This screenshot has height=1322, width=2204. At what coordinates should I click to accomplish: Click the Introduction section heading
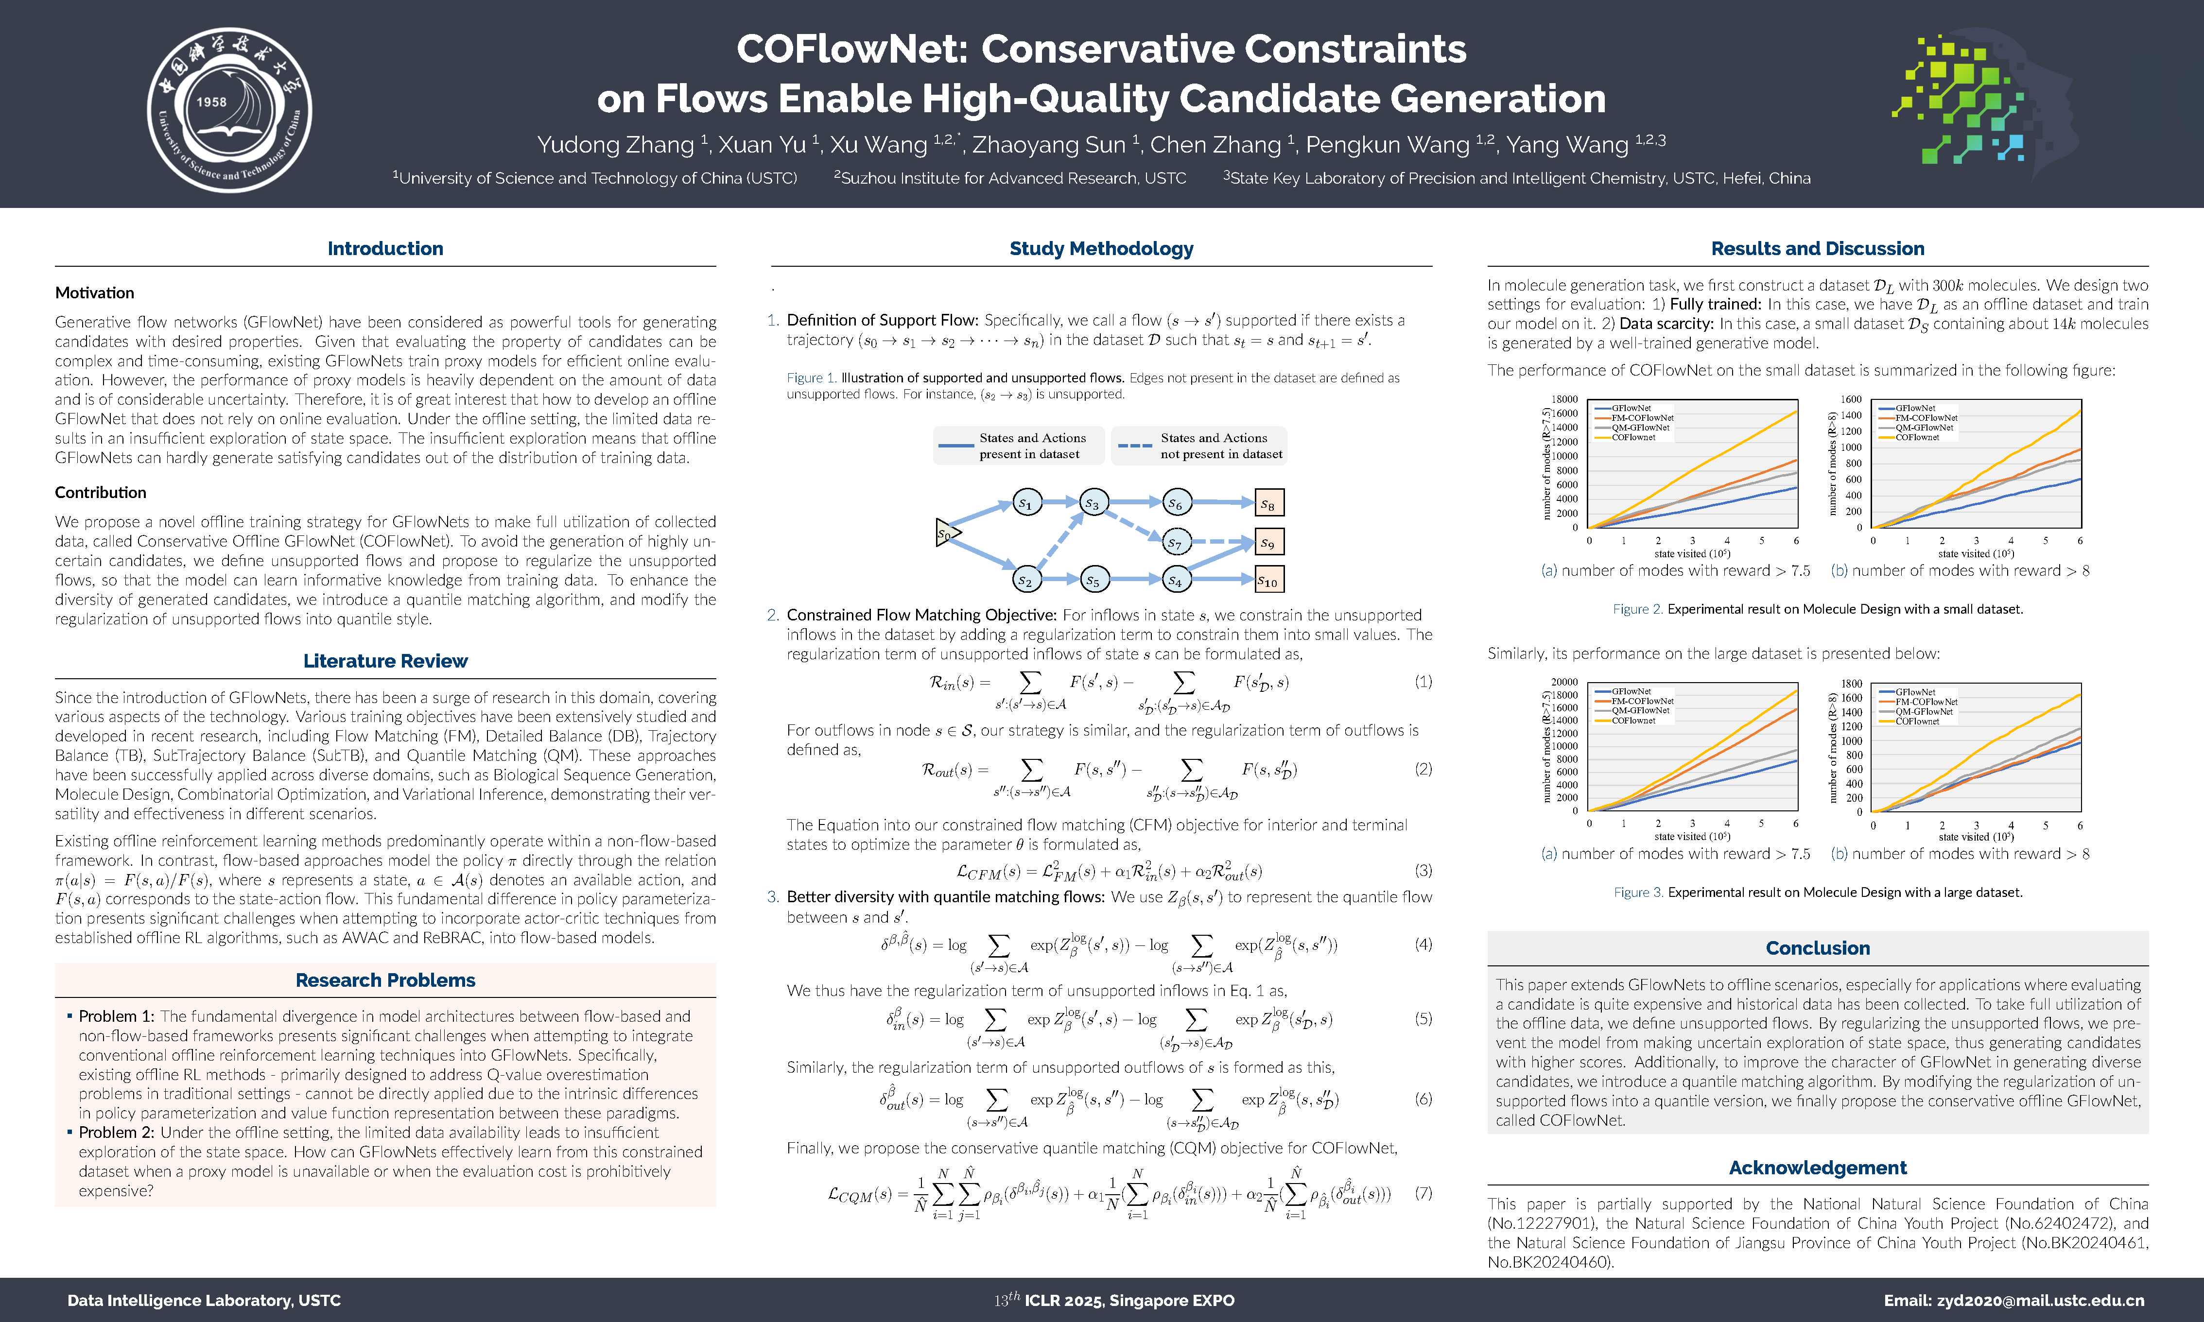pos(385,249)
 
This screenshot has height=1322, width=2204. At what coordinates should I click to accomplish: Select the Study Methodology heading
pos(1101,249)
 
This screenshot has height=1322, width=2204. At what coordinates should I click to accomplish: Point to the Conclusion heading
pos(1817,948)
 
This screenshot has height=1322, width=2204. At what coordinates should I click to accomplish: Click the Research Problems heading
pos(385,980)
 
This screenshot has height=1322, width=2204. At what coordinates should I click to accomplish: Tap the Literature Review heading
pos(385,661)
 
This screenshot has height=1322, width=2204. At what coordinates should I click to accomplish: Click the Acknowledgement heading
pos(1817,1168)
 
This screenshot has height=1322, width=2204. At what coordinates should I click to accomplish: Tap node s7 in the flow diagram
pos(1176,542)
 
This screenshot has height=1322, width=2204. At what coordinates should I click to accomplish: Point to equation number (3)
pos(1423,870)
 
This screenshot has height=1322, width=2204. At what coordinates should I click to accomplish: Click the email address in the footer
pos(2013,1301)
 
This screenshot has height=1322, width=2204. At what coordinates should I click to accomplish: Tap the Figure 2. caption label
pos(1637,609)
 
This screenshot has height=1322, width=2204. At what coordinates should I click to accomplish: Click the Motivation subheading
pos(94,293)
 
